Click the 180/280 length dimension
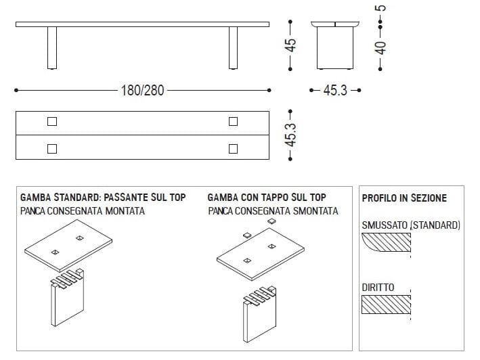[143, 91]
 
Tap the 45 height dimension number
[291, 45]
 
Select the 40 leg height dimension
[380, 48]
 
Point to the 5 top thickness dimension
[380, 8]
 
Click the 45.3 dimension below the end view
[335, 90]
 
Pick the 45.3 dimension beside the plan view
[291, 135]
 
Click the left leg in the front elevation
[52, 48]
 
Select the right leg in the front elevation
[234, 48]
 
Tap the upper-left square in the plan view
[52, 121]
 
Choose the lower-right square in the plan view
[234, 149]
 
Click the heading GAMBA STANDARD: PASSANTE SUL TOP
[103, 198]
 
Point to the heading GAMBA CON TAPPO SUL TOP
[267, 198]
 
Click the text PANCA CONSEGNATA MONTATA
[83, 211]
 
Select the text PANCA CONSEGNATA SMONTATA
[273, 211]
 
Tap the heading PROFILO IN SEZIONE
[404, 198]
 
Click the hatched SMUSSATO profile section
[387, 242]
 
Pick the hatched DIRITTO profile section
[386, 305]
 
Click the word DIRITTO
[378, 288]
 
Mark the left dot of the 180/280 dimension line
[16, 90]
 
